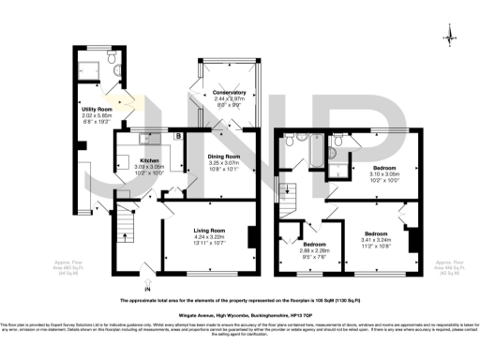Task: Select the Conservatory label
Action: [x=229, y=93]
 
